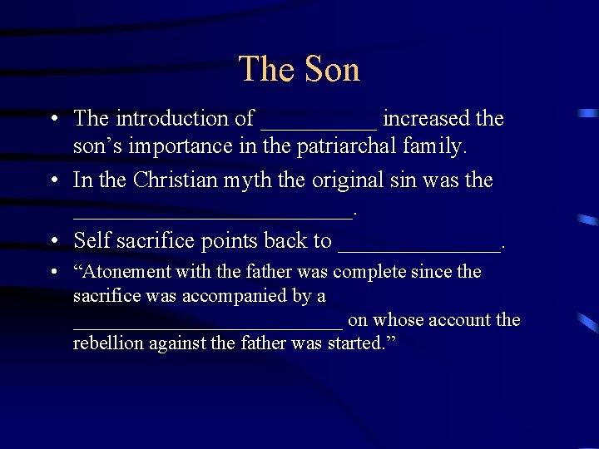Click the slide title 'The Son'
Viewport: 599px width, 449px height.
click(x=299, y=69)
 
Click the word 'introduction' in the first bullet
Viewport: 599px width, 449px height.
click(x=172, y=119)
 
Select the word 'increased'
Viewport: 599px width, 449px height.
click(x=426, y=119)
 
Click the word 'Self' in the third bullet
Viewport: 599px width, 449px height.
click(x=92, y=241)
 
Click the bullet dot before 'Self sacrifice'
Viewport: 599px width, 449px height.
click(x=52, y=241)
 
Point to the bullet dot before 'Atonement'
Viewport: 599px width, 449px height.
click(x=52, y=272)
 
